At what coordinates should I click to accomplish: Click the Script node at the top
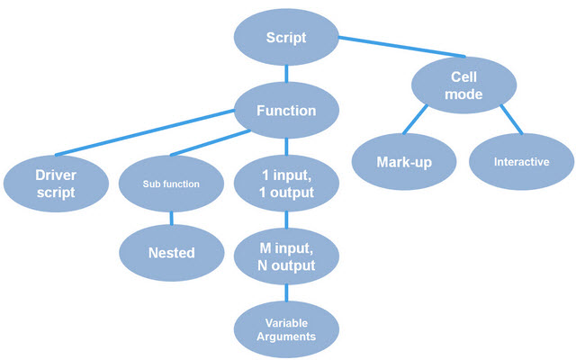pos(286,38)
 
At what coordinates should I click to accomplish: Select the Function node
pos(286,112)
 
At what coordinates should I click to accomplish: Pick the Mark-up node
pos(403,162)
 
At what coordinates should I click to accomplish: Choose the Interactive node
pos(521,162)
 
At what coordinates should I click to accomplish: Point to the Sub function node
pos(171,184)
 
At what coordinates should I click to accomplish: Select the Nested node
pos(171,253)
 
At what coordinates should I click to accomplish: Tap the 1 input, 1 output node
pos(286,184)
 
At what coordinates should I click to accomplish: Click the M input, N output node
pos(286,257)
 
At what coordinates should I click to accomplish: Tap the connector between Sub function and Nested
pos(171,217)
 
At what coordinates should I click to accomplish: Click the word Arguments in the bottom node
pos(286,335)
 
